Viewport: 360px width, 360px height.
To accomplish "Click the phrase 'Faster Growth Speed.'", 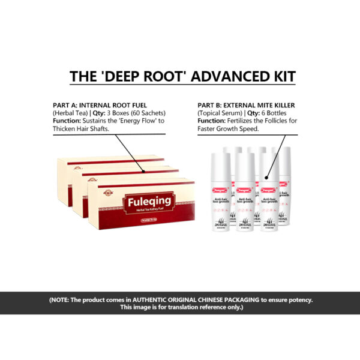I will pos(227,128).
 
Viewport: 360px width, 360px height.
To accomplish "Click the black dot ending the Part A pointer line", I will pos(145,170).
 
